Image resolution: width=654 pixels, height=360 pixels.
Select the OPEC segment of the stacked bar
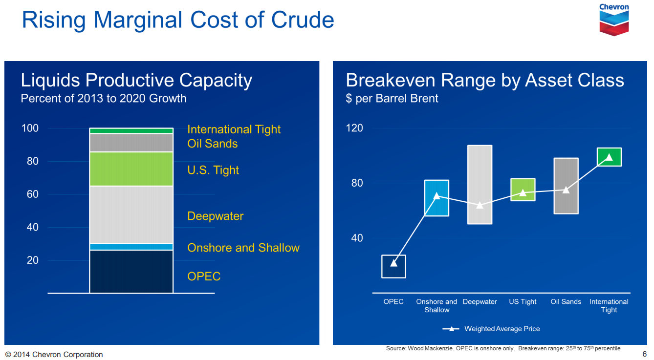(x=131, y=272)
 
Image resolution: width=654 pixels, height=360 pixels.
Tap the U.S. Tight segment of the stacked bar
(x=131, y=169)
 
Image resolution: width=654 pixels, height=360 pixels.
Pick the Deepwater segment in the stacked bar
(x=131, y=214)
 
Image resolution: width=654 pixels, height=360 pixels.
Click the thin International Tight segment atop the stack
(x=131, y=130)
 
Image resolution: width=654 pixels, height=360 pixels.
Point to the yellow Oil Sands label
(x=212, y=144)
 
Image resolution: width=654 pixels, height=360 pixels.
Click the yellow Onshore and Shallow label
(x=243, y=248)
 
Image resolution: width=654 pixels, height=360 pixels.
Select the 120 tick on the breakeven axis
(x=354, y=128)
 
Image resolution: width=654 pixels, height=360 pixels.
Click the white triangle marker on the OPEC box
(x=393, y=263)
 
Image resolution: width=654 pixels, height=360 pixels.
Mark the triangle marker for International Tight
(x=609, y=157)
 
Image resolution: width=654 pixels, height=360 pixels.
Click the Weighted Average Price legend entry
(x=491, y=329)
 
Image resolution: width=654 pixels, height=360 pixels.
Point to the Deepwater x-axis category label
(x=480, y=302)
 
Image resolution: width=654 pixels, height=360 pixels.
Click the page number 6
(x=644, y=354)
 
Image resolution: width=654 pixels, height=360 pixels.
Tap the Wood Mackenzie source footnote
(x=503, y=348)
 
